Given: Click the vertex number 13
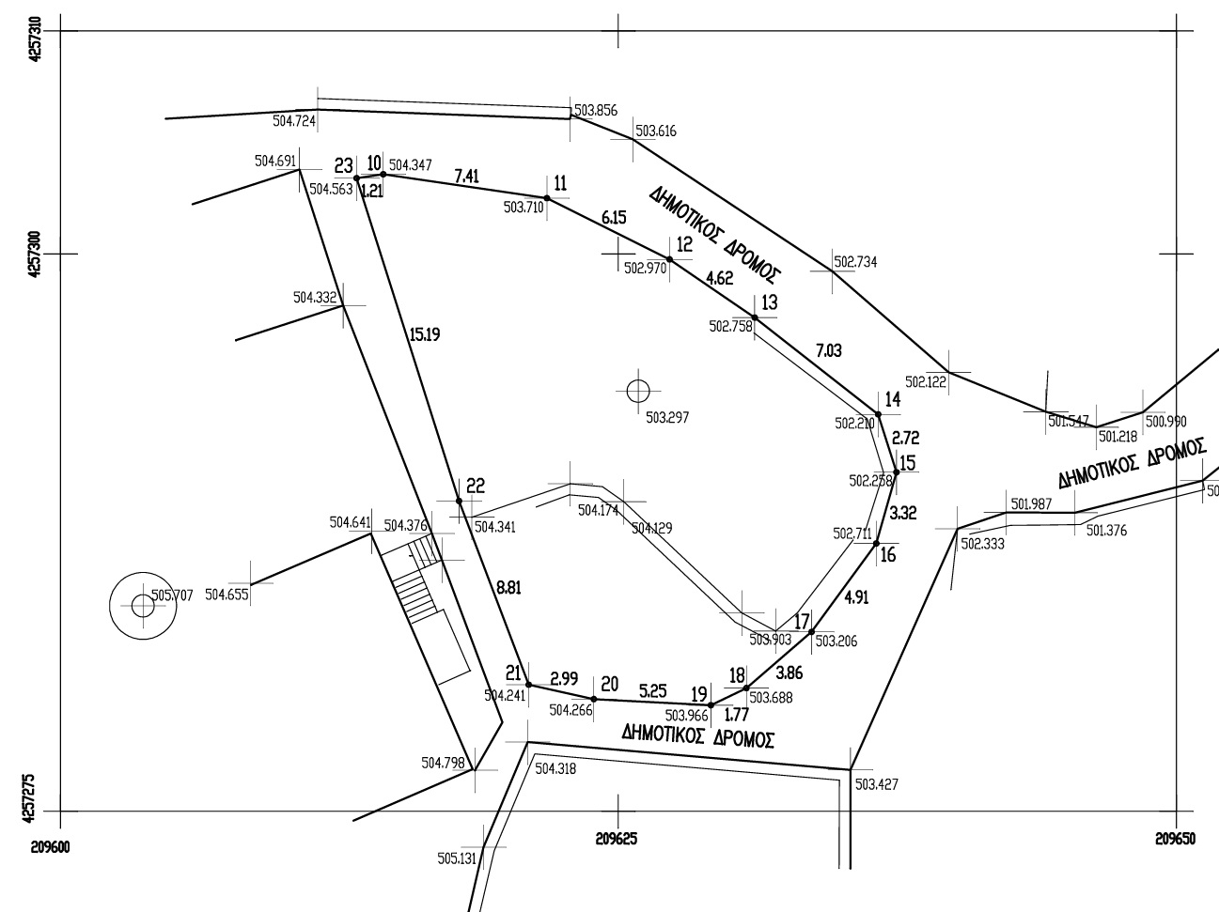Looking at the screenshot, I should click(770, 302).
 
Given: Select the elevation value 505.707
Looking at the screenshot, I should click(172, 595).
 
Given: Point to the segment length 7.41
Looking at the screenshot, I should click(467, 176).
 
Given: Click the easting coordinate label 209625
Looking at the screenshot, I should click(617, 838).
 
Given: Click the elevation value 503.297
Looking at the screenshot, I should click(667, 417).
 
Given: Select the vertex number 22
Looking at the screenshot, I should click(475, 486).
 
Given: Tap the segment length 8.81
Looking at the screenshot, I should click(508, 588).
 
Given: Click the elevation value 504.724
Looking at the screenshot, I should click(294, 121).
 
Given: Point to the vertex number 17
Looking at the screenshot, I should click(802, 620).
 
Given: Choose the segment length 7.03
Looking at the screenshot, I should click(829, 351).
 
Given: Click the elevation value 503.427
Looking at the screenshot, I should click(876, 783).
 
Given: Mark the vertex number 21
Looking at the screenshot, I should click(512, 672).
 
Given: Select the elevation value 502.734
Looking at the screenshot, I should click(855, 263).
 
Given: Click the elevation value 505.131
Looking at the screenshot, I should click(458, 858).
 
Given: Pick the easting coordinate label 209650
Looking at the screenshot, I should click(1176, 838).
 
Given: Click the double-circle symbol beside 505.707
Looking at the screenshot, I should click(143, 606).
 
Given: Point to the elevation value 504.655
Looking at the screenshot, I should click(227, 594).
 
